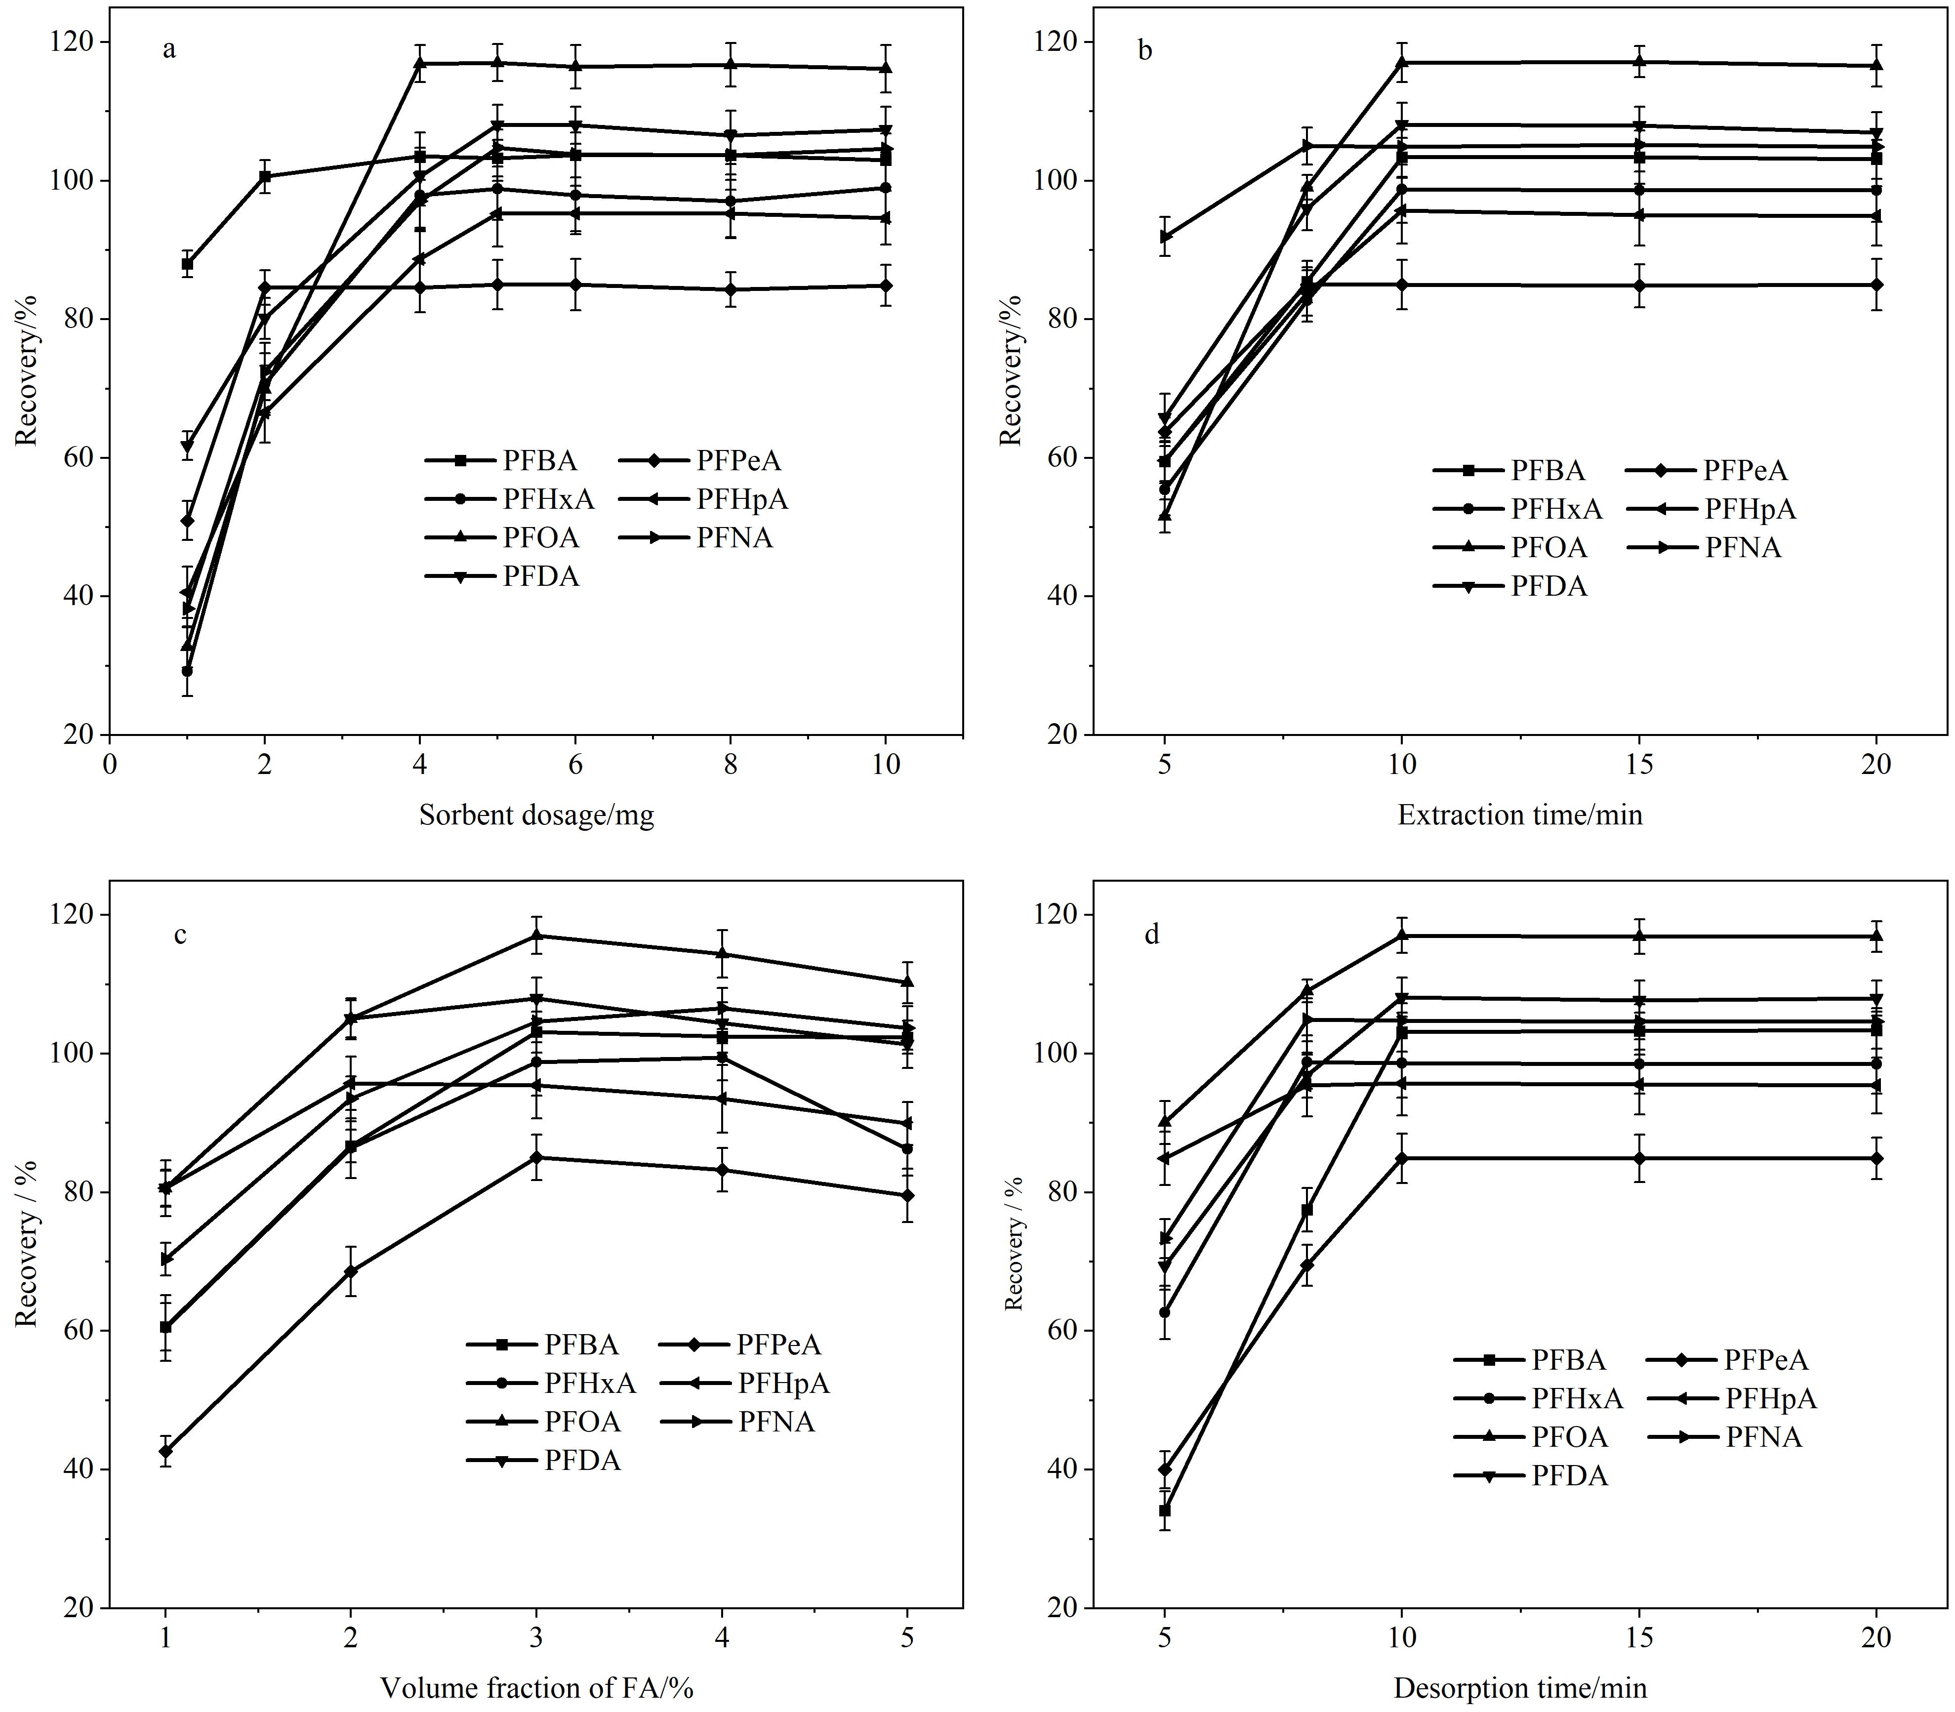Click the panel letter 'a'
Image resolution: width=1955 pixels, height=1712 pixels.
[169, 50]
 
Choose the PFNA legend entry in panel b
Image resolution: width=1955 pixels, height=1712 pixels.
[1704, 547]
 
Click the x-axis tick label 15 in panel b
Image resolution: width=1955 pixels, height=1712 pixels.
[1639, 765]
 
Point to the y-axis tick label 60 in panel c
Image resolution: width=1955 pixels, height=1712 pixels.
[80, 1331]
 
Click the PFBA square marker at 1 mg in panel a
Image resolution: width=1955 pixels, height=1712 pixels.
[187, 264]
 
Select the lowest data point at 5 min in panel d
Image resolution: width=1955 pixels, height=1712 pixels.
[1165, 1510]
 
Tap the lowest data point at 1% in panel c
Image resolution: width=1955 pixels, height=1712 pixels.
[165, 1451]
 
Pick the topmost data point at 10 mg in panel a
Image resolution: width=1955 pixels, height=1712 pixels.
[886, 68]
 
